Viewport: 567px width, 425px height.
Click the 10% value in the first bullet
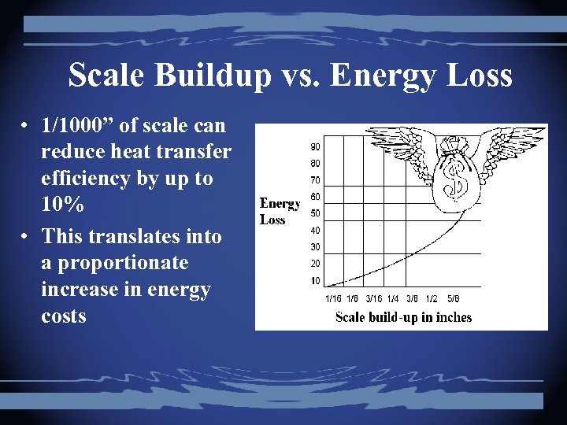(64, 205)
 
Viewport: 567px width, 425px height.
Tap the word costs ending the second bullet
(64, 316)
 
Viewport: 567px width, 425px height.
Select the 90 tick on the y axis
(314, 146)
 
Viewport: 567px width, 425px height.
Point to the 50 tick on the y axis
(314, 213)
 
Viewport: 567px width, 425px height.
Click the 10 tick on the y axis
(314, 281)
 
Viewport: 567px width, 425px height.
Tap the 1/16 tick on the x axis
(333, 298)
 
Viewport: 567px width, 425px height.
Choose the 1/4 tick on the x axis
(392, 298)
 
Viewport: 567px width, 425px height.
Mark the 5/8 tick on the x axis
(453, 298)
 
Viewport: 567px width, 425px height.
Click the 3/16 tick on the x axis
(372, 298)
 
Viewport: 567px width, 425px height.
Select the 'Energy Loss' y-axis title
(280, 212)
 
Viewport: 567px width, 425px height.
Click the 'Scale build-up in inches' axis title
(403, 317)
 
